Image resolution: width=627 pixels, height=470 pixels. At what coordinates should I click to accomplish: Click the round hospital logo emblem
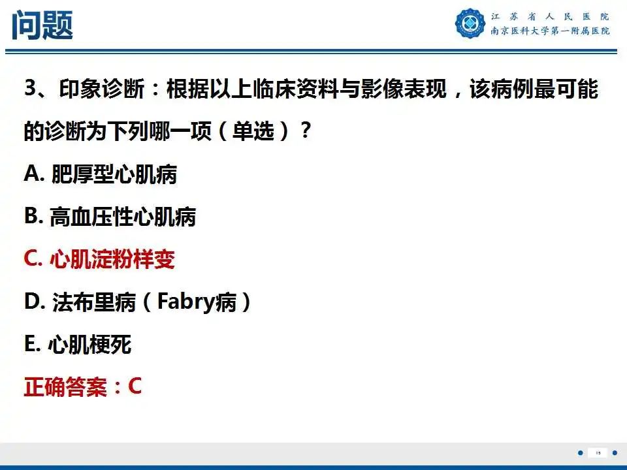(470, 23)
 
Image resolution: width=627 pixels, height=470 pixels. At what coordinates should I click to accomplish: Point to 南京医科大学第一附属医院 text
(550, 31)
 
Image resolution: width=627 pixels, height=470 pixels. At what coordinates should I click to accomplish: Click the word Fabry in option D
(187, 303)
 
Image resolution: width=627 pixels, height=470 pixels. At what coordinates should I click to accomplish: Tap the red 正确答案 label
(65, 387)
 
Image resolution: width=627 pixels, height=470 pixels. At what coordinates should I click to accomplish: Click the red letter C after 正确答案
(135, 386)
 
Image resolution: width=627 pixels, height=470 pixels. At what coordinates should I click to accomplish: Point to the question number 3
(30, 89)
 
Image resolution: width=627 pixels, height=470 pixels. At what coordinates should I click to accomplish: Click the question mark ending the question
(304, 132)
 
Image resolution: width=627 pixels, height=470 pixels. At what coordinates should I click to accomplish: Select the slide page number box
(598, 452)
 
